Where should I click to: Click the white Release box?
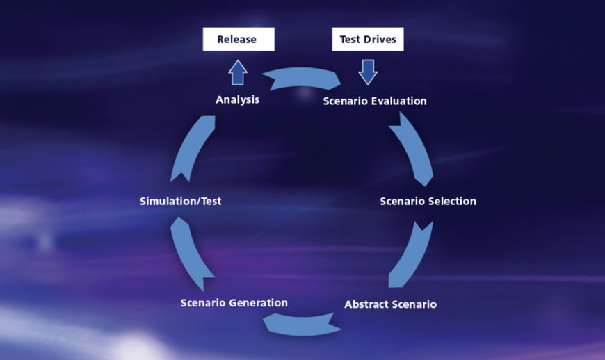click(239, 40)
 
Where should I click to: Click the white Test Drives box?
click(368, 40)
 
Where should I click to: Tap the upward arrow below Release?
click(238, 72)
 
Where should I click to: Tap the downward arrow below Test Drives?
click(368, 72)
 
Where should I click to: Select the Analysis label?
click(237, 99)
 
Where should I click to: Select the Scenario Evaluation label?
click(375, 101)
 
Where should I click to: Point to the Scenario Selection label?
click(428, 202)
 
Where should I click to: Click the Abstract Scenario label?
click(391, 304)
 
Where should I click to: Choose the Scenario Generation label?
click(234, 303)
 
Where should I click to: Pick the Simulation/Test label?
click(181, 202)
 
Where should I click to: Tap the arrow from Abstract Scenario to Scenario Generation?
click(302, 326)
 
